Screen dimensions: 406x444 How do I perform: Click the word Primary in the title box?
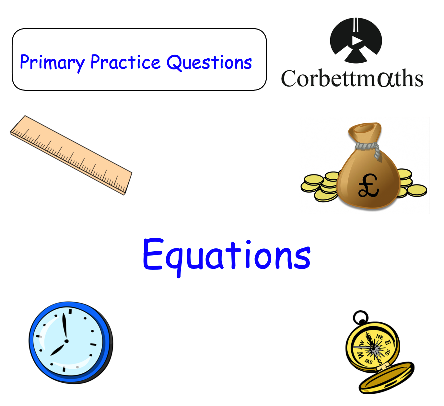coord(52,63)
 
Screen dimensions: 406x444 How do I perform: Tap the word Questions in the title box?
coord(209,63)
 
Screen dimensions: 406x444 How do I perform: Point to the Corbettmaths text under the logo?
coord(352,78)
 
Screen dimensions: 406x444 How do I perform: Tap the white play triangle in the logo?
coord(356,41)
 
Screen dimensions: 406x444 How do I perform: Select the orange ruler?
coord(71,155)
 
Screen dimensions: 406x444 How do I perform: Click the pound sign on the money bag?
coord(368,185)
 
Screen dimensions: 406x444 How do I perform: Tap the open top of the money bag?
coord(364,128)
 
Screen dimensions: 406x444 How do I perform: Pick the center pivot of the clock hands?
coord(66,341)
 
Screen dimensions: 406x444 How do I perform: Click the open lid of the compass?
coord(387,378)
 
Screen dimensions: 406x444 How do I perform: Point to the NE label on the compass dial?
coord(380,338)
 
